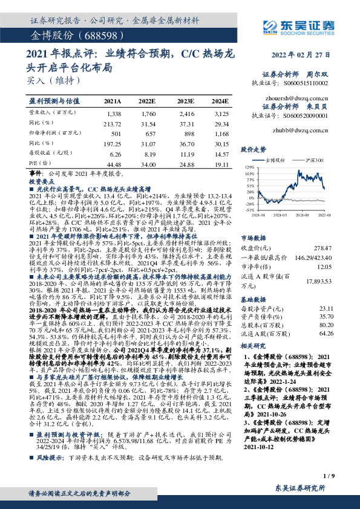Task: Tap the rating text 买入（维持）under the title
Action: [53, 80]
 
